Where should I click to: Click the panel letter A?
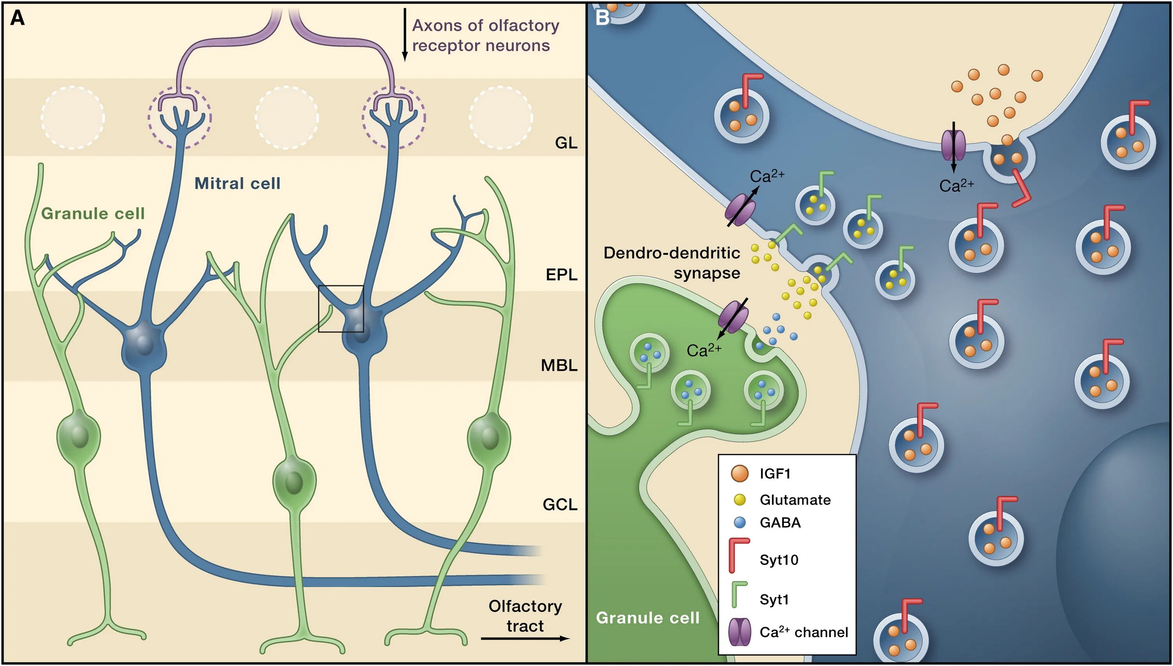click(x=17, y=18)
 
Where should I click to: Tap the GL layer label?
click(x=566, y=143)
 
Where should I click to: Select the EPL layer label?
click(x=562, y=275)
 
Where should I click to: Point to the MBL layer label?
click(x=559, y=366)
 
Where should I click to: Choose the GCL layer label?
click(x=560, y=505)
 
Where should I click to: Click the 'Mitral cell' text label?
click(x=237, y=184)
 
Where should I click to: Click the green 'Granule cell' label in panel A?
click(x=93, y=213)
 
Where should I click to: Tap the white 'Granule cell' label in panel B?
click(x=648, y=618)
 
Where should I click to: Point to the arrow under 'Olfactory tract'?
click(x=525, y=639)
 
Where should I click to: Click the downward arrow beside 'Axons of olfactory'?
click(x=404, y=35)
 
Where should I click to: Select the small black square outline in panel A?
click(x=341, y=309)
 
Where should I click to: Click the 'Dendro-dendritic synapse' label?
click(x=672, y=262)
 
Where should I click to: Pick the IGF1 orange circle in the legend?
click(x=739, y=473)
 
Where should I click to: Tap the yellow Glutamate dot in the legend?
click(x=739, y=500)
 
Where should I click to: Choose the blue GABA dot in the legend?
click(x=739, y=522)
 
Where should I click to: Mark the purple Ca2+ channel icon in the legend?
click(x=739, y=632)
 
